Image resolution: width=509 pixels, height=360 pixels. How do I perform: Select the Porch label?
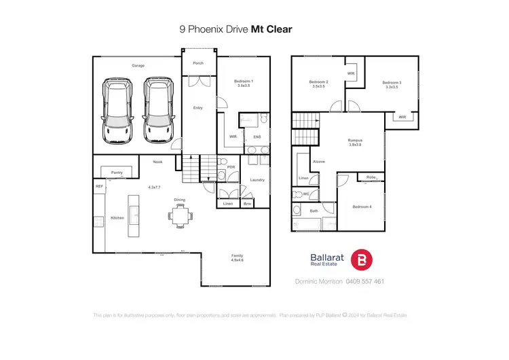(x=198, y=63)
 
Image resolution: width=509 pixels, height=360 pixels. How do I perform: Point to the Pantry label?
(x=117, y=173)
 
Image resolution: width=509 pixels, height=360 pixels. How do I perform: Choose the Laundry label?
(x=257, y=179)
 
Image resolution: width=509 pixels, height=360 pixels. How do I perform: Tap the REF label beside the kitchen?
(x=99, y=185)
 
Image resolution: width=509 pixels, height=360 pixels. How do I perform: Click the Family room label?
(x=237, y=257)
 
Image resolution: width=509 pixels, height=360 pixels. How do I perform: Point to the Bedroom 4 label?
(x=362, y=206)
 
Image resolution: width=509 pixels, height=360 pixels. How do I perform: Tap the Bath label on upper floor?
(x=314, y=211)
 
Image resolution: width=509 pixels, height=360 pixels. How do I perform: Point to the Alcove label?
(x=318, y=162)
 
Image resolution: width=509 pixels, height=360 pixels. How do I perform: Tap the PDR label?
(x=231, y=167)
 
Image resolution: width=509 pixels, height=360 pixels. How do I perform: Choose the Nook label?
(x=157, y=162)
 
